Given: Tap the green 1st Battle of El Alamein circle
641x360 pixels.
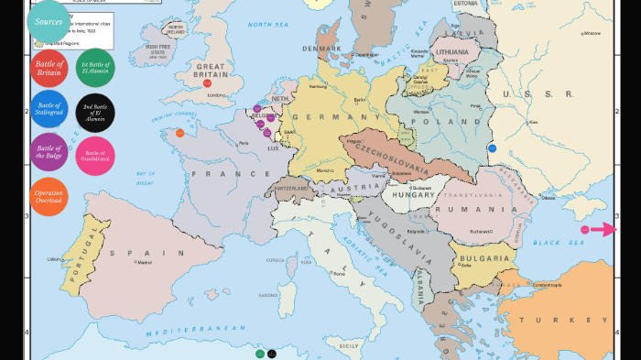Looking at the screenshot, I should pos(96,66).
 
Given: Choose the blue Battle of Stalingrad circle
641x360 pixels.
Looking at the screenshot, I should pos(49,109).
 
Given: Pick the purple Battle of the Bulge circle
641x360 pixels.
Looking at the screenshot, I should pos(49,151).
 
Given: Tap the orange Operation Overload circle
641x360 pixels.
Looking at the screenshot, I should pos(49,196).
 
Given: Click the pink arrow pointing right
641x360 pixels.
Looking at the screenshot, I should pos(602,230).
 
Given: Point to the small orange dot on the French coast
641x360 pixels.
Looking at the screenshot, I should pos(179,133).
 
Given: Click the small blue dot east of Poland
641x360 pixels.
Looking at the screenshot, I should pos(492,147).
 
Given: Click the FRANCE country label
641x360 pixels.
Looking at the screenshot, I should pos(213,173).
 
